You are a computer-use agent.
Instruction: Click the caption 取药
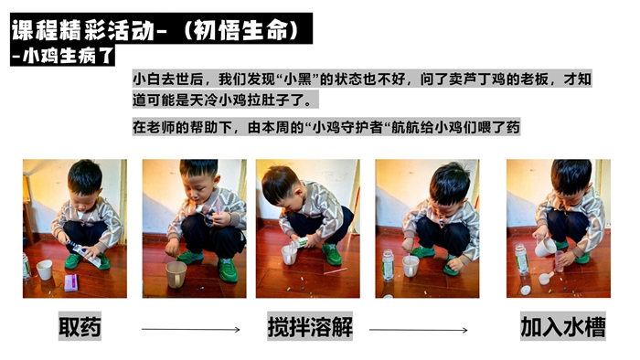point(80,326)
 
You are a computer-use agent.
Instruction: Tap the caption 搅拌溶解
point(310,326)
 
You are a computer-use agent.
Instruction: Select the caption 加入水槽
point(563,326)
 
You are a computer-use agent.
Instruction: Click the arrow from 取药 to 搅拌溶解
point(190,330)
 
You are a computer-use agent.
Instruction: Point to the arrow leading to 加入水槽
point(419,330)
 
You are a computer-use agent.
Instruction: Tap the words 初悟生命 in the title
point(242,30)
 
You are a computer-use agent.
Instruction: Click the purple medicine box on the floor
point(70,282)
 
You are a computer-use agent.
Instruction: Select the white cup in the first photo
point(45,270)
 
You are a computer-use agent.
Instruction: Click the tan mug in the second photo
point(176,274)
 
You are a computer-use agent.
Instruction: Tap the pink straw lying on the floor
point(336,271)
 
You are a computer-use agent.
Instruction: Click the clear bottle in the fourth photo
point(388,265)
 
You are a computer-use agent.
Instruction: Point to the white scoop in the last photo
point(545,278)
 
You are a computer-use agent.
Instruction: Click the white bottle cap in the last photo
point(526,291)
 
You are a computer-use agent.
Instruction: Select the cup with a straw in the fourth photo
point(411,265)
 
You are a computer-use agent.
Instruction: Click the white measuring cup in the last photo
point(545,247)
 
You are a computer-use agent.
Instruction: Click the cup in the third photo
point(289,255)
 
